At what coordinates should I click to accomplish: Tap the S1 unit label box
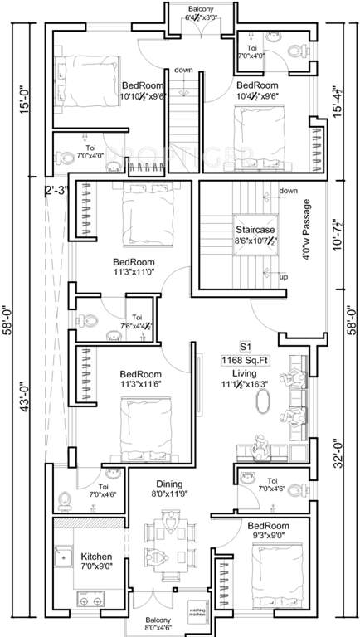point(245,345)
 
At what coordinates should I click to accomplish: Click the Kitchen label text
point(97,556)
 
